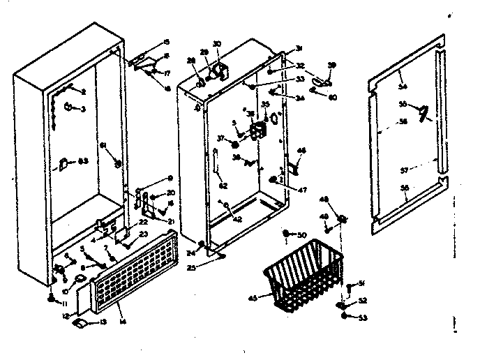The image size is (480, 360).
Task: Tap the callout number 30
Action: point(216,45)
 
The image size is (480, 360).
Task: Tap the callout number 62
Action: point(223,185)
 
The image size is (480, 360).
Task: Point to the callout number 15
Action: point(166,42)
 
